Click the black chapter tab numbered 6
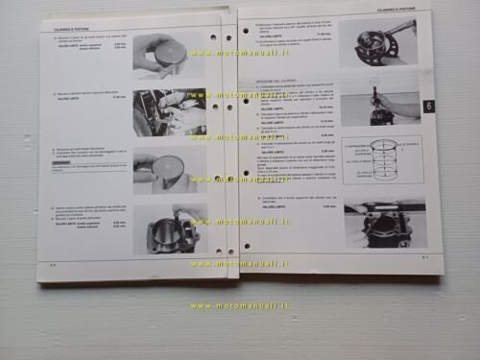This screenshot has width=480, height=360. [428, 106]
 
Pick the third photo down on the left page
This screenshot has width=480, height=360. [169, 171]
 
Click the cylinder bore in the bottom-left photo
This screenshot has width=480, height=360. [167, 230]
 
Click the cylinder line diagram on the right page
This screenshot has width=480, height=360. [383, 163]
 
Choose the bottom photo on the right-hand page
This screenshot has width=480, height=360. [384, 223]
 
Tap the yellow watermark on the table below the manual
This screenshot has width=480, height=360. [239, 306]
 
